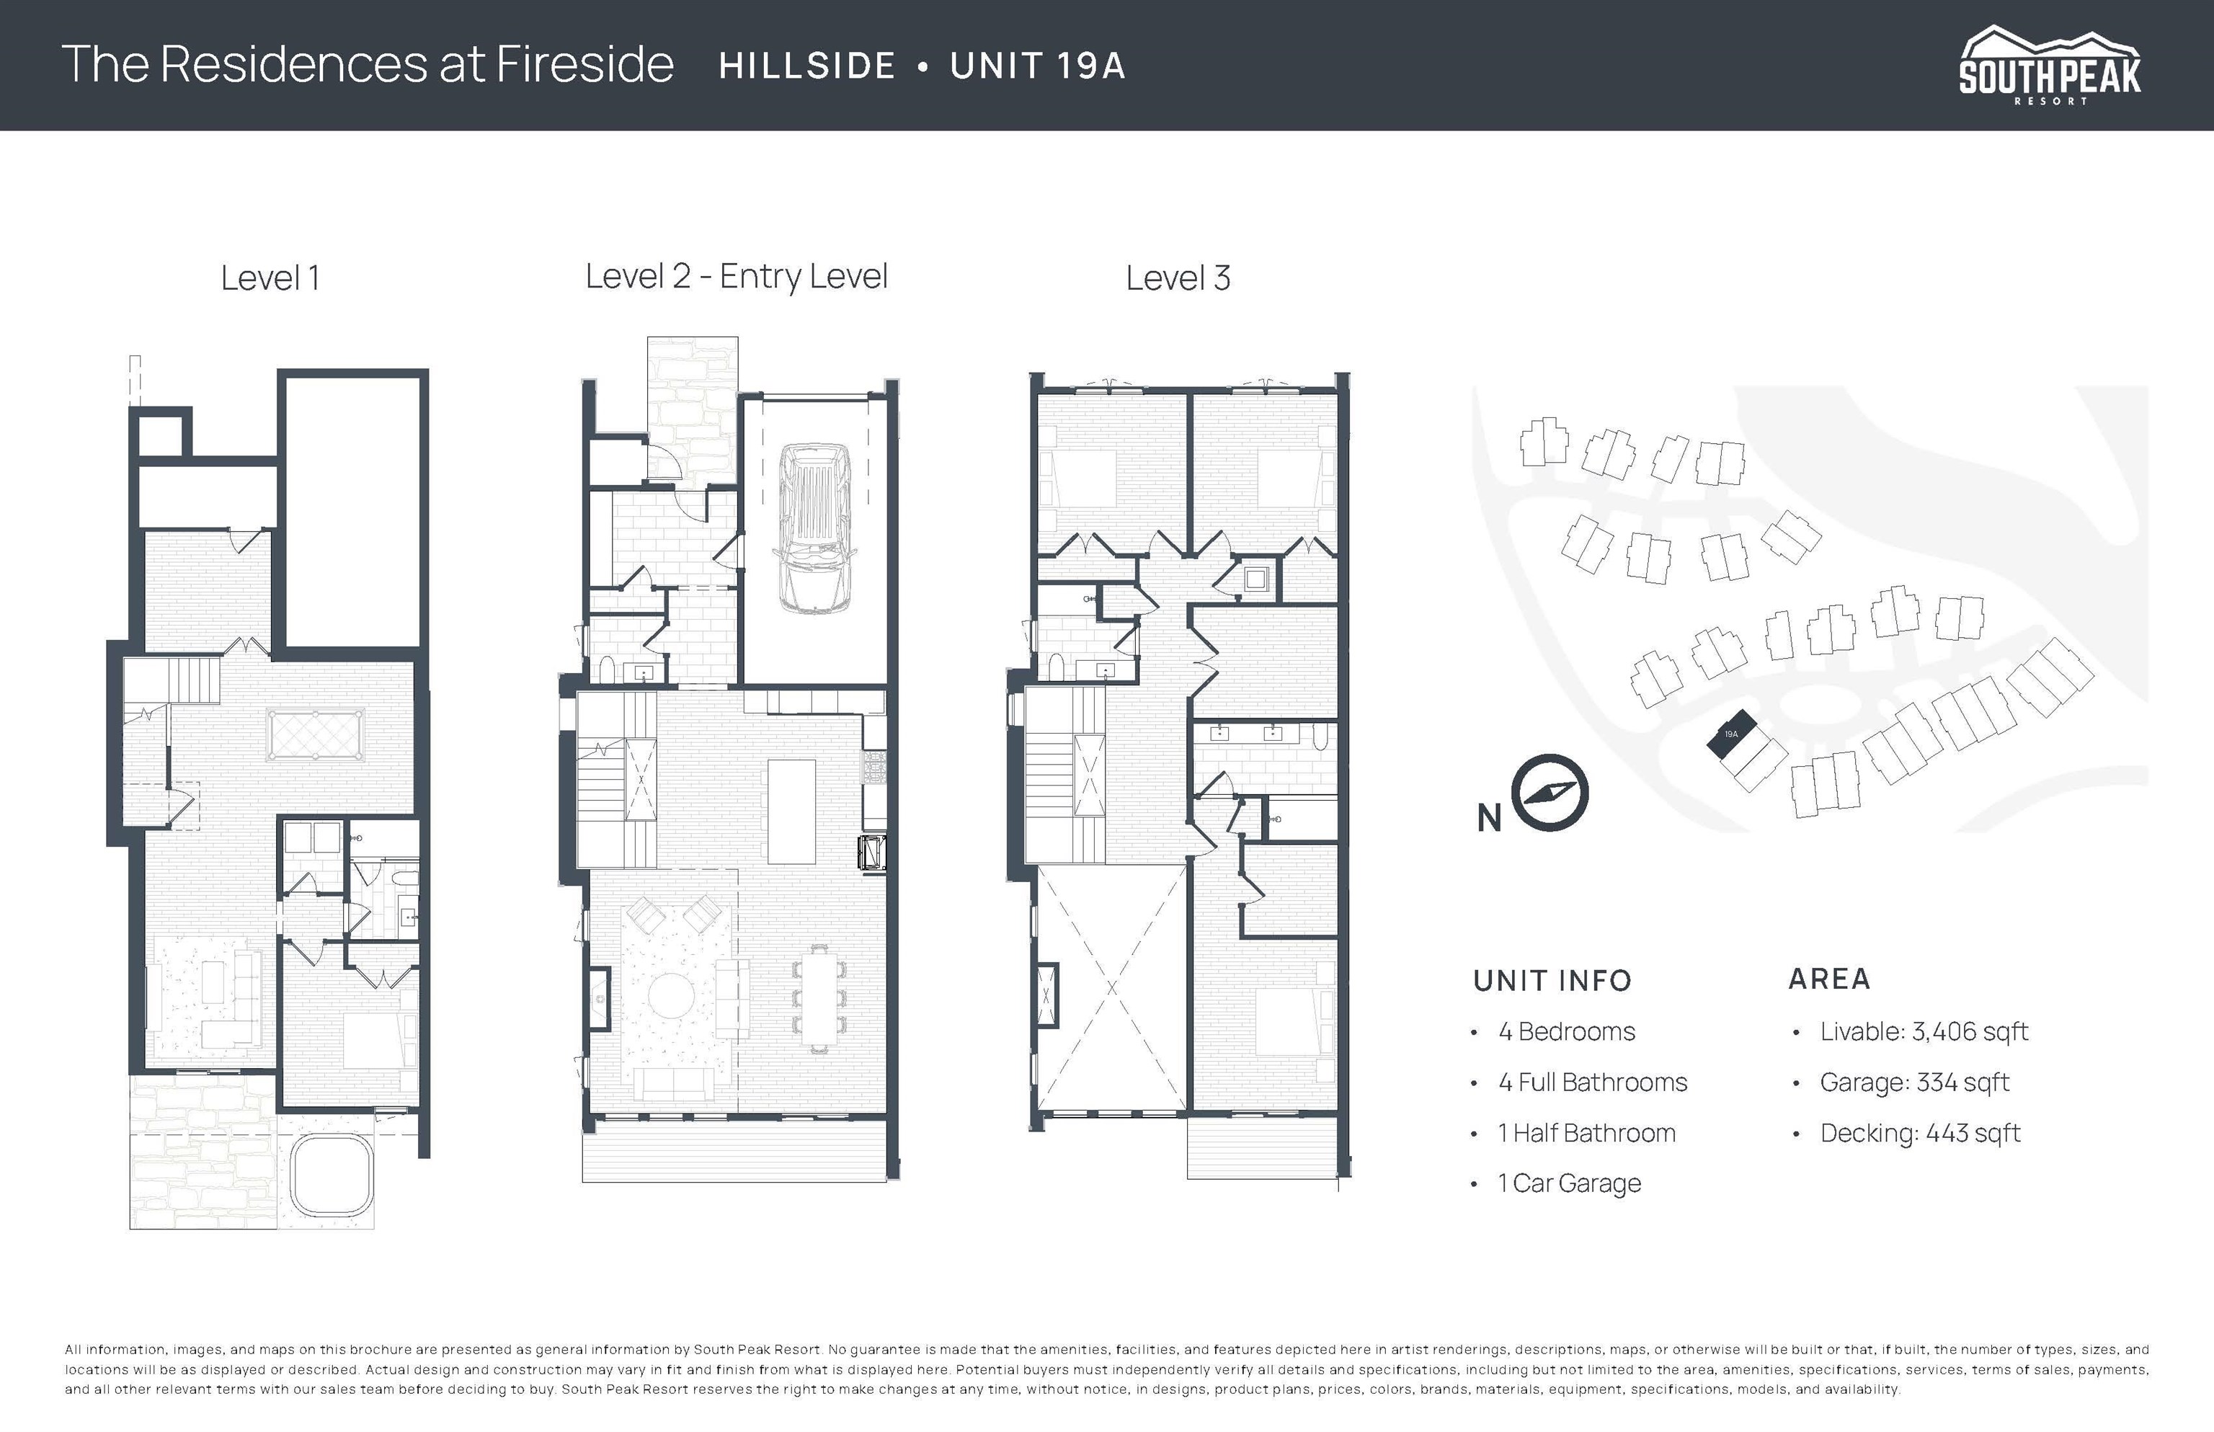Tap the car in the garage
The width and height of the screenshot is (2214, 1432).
tap(814, 528)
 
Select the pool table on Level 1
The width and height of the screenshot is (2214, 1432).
tap(314, 734)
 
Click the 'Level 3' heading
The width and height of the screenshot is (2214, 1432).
tap(1178, 278)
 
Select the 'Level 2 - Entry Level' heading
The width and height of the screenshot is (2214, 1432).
tap(737, 277)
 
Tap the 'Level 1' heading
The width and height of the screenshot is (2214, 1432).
tap(270, 278)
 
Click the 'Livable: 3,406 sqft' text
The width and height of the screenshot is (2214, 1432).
tap(1924, 1031)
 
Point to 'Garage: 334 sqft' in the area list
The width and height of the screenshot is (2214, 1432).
tap(1915, 1082)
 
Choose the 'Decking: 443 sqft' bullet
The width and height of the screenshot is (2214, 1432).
tap(1920, 1134)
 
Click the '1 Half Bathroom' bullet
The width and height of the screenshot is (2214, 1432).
tap(1586, 1133)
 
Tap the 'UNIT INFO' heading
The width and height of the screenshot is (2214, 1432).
tap(1552, 981)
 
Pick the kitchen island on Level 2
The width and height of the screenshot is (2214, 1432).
tap(791, 811)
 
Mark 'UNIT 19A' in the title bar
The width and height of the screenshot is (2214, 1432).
tap(1038, 66)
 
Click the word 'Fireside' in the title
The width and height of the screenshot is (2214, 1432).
tap(585, 64)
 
